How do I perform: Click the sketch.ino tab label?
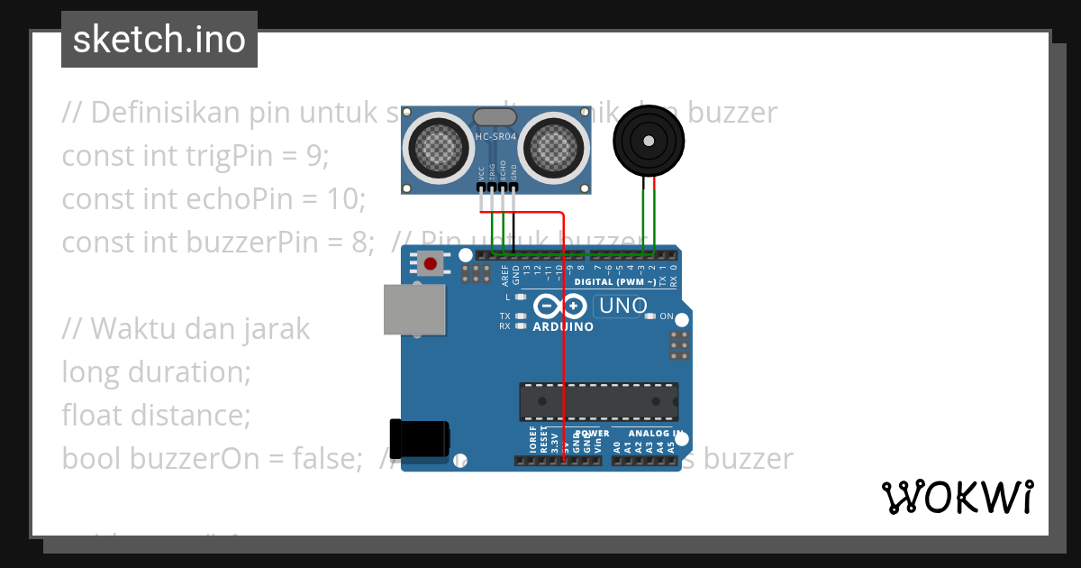tap(159, 40)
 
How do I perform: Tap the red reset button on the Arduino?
tap(431, 264)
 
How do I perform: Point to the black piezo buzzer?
tap(649, 141)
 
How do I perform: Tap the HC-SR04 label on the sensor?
tap(495, 137)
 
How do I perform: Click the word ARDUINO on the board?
tap(563, 326)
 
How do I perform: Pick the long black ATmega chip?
tap(598, 401)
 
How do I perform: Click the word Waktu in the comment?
tap(132, 329)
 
